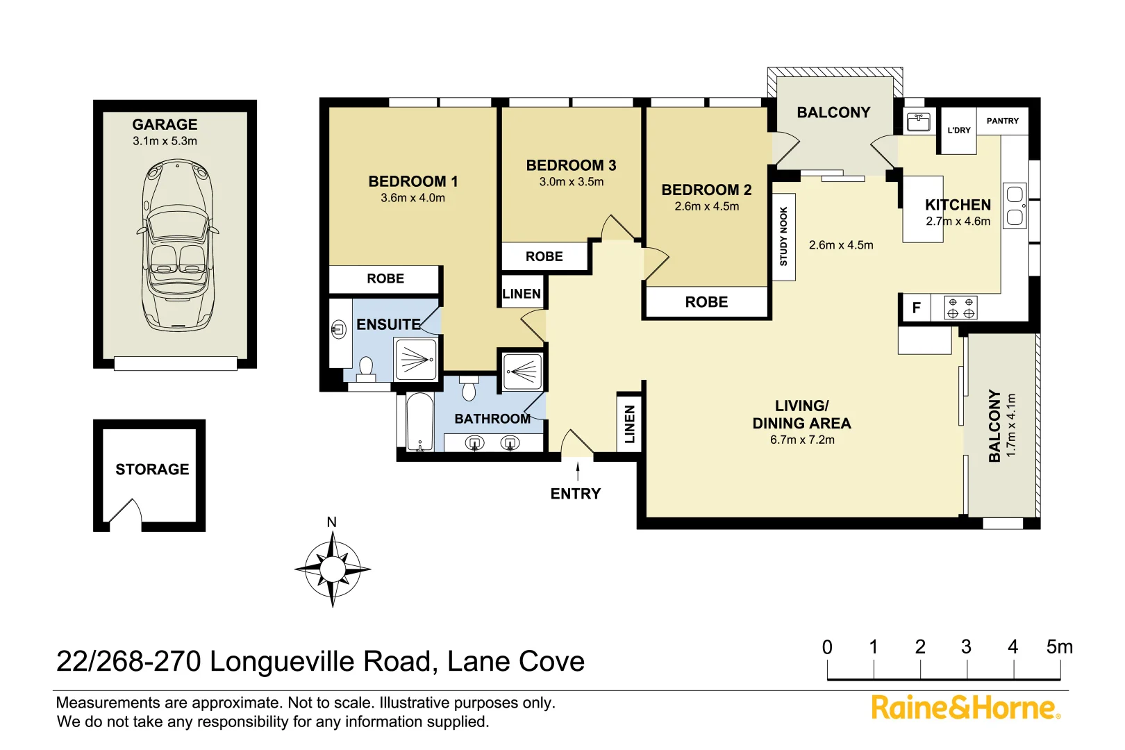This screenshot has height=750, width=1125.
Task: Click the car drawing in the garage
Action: click(x=178, y=244)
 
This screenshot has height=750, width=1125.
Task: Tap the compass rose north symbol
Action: click(x=333, y=568)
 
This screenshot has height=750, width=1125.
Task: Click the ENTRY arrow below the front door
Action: click(x=578, y=472)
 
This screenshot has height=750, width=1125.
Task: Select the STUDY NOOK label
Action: click(x=783, y=236)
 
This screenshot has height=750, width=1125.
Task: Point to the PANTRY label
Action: click(x=1002, y=121)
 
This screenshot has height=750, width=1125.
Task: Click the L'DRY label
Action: click(x=958, y=130)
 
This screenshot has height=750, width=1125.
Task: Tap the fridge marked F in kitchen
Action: click(x=916, y=308)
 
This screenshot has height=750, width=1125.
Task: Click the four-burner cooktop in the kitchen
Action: click(x=960, y=308)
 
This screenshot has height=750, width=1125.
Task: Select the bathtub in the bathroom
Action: click(x=419, y=422)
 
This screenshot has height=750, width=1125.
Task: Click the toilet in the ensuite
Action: click(x=366, y=368)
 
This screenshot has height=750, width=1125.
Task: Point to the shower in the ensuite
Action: click(x=416, y=359)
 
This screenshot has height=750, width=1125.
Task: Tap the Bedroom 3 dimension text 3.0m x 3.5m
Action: click(x=571, y=182)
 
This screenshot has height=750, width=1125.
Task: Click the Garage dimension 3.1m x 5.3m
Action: click(x=165, y=141)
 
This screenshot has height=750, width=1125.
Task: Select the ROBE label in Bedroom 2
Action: click(x=706, y=302)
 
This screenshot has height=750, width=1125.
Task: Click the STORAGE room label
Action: click(x=152, y=469)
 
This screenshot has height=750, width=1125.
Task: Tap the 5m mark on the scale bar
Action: click(x=1059, y=647)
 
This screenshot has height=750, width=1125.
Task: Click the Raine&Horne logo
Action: click(x=965, y=708)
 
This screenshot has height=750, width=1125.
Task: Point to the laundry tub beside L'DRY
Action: click(x=919, y=122)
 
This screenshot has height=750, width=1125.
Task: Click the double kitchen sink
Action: click(x=1015, y=206)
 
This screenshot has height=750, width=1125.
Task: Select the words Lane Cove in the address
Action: click(x=515, y=661)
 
